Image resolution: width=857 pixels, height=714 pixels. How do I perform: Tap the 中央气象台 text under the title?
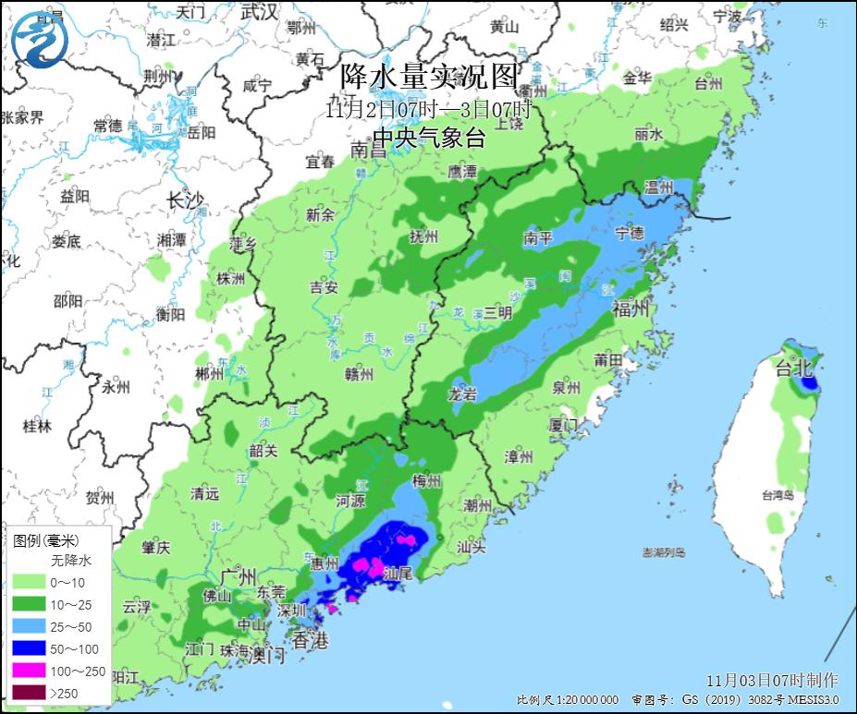tap(429, 139)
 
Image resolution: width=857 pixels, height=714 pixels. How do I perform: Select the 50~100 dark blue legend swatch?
tap(31, 648)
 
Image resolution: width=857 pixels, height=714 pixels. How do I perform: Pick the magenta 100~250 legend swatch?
tap(31, 671)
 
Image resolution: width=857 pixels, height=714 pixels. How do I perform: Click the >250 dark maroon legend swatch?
tap(31, 693)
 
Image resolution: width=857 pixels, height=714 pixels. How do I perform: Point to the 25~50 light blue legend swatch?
tap(31, 627)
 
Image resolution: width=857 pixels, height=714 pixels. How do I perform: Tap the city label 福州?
tap(631, 309)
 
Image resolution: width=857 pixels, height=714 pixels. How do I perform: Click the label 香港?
tap(311, 640)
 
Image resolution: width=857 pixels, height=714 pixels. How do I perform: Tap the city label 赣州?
tap(359, 374)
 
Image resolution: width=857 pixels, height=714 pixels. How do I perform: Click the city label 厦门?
tap(563, 424)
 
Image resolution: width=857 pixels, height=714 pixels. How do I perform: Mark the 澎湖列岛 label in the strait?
tap(664, 552)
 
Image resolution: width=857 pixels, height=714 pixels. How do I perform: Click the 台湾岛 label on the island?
tap(778, 495)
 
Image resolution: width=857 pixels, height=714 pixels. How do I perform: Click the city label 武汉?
tap(258, 12)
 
